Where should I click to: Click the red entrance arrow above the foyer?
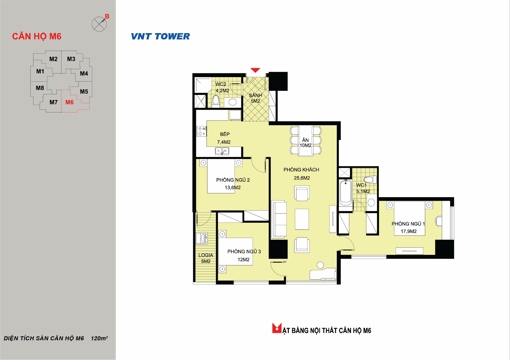(255, 70)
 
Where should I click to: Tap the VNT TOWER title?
(160, 36)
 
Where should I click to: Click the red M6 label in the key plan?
(69, 102)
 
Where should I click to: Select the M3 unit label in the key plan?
(71, 59)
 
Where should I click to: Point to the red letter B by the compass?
(107, 16)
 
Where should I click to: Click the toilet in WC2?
(215, 101)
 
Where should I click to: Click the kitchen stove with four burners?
(201, 131)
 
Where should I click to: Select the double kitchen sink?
(222, 151)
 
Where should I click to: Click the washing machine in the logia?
(201, 238)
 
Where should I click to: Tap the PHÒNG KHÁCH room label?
(301, 170)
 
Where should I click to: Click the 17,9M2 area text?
(409, 231)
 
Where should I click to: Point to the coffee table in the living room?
(302, 219)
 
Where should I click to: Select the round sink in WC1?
(371, 203)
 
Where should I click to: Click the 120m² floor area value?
(99, 338)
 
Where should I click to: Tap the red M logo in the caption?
(277, 328)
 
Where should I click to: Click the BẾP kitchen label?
(225, 134)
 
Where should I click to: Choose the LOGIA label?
(206, 255)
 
